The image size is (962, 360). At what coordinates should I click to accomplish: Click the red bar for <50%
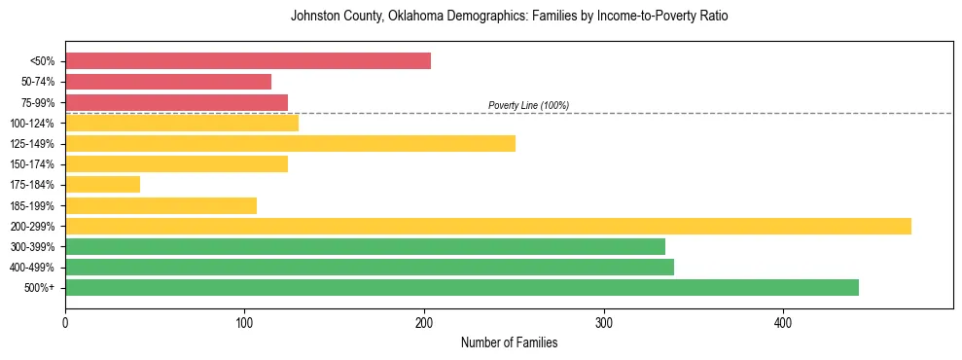coord(248,61)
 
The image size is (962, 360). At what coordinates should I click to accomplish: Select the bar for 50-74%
coord(168,82)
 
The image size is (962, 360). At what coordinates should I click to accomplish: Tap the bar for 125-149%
coord(290,143)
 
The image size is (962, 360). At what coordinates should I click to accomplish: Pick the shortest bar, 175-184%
coord(102,184)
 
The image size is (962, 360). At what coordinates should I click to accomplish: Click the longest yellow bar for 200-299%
coord(488,226)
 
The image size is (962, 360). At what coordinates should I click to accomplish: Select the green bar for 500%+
coord(462,287)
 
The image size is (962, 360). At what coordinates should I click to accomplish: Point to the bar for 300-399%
coord(365,246)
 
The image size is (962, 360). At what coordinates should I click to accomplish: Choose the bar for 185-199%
coord(160,205)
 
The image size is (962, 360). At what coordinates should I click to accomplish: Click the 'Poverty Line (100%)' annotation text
coord(528,105)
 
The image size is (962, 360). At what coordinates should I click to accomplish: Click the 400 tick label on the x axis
coord(783,321)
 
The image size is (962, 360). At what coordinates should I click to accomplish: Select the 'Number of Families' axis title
coord(509,342)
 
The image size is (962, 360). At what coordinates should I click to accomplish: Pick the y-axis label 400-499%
coord(37,267)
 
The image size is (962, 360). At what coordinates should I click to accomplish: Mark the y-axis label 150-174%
coord(37,163)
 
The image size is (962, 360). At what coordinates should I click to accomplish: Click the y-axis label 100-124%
coord(37,123)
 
